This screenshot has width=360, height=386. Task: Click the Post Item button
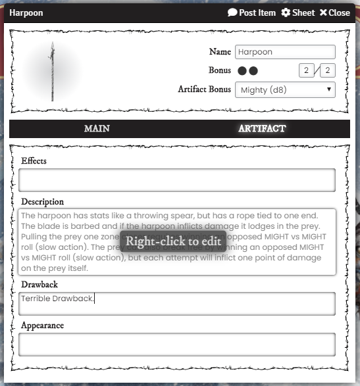click(252, 12)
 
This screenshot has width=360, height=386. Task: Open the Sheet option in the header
click(298, 12)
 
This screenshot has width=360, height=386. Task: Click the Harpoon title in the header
click(26, 12)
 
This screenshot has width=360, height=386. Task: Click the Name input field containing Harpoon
click(285, 52)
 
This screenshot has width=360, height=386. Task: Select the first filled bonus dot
click(242, 70)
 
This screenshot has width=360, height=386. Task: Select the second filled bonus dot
click(253, 70)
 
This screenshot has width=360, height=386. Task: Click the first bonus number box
click(306, 70)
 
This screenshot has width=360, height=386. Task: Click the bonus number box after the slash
click(327, 70)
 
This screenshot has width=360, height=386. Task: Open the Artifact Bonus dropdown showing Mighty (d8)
click(285, 89)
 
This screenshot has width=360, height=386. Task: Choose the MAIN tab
click(97, 128)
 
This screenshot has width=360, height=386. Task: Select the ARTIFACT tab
click(262, 128)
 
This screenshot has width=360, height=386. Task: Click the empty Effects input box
click(176, 180)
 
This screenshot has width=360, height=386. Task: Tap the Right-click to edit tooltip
click(173, 241)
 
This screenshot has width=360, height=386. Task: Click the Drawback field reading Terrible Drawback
click(176, 303)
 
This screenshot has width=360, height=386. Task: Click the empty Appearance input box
click(176, 344)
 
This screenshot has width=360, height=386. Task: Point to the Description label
click(42, 201)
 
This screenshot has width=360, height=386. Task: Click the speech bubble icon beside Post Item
click(232, 12)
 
